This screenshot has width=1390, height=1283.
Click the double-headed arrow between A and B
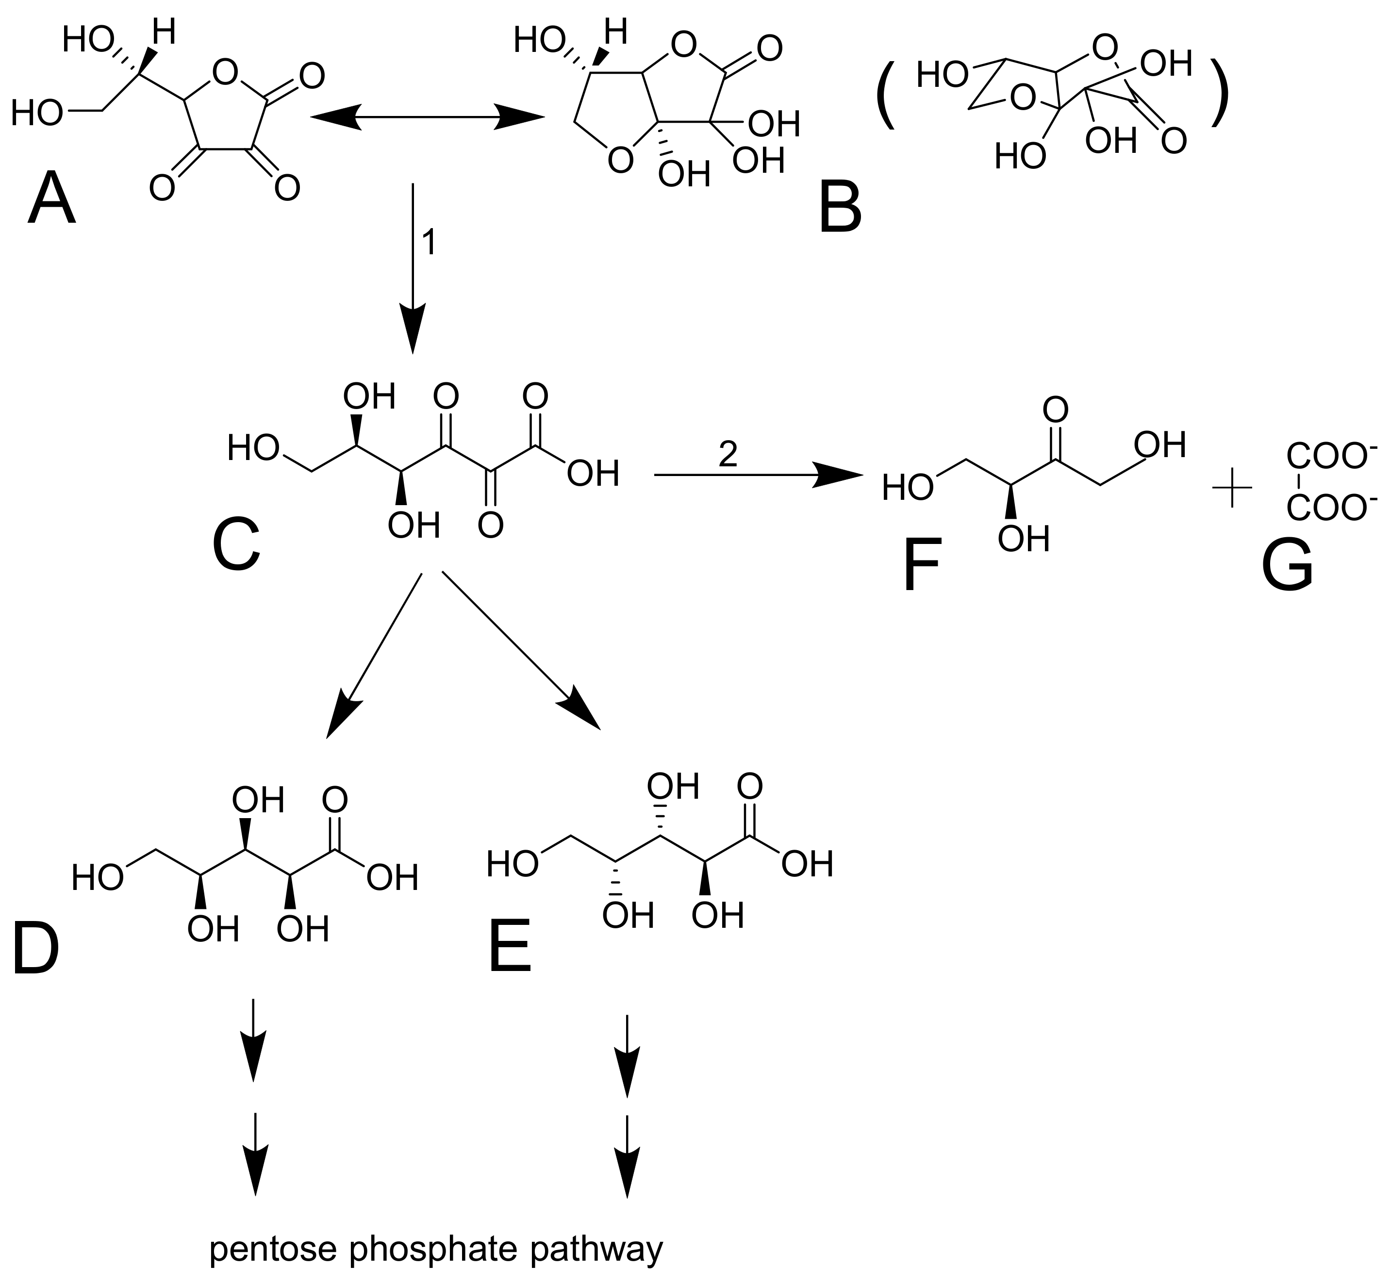427,116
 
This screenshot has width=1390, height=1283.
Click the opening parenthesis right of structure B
885,97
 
